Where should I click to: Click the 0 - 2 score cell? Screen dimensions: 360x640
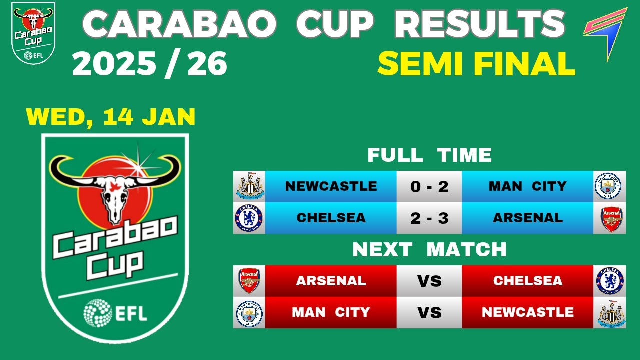pos(429,186)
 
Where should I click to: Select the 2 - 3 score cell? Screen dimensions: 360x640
pos(429,218)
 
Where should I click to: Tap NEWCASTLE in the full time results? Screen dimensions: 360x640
pos(331,186)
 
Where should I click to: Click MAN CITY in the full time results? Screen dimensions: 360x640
pos(527,186)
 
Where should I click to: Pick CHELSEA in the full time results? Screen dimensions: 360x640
pos(331,218)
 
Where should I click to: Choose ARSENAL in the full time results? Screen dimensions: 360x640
pos(527,218)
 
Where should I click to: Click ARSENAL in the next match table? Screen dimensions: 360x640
pos(331,281)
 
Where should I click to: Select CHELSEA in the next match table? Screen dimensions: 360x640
pos(527,281)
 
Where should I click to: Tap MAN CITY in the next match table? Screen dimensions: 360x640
pos(331,312)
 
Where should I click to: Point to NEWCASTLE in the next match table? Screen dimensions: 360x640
pos(527,312)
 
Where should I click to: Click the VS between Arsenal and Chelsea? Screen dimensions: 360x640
pos(429,281)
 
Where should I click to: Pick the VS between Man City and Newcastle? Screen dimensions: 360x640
pos(429,312)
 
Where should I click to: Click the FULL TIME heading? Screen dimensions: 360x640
pos(429,155)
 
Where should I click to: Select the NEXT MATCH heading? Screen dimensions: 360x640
pos(429,249)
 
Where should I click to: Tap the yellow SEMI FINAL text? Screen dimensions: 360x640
pos(476,64)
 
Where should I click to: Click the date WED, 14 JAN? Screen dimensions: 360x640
pos(110,117)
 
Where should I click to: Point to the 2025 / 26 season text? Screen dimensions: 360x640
pos(149,64)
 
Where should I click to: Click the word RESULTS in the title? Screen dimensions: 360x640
pos(480,24)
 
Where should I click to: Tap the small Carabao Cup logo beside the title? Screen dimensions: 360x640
pos(33,32)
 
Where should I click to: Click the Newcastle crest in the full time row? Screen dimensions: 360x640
pos(249,186)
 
